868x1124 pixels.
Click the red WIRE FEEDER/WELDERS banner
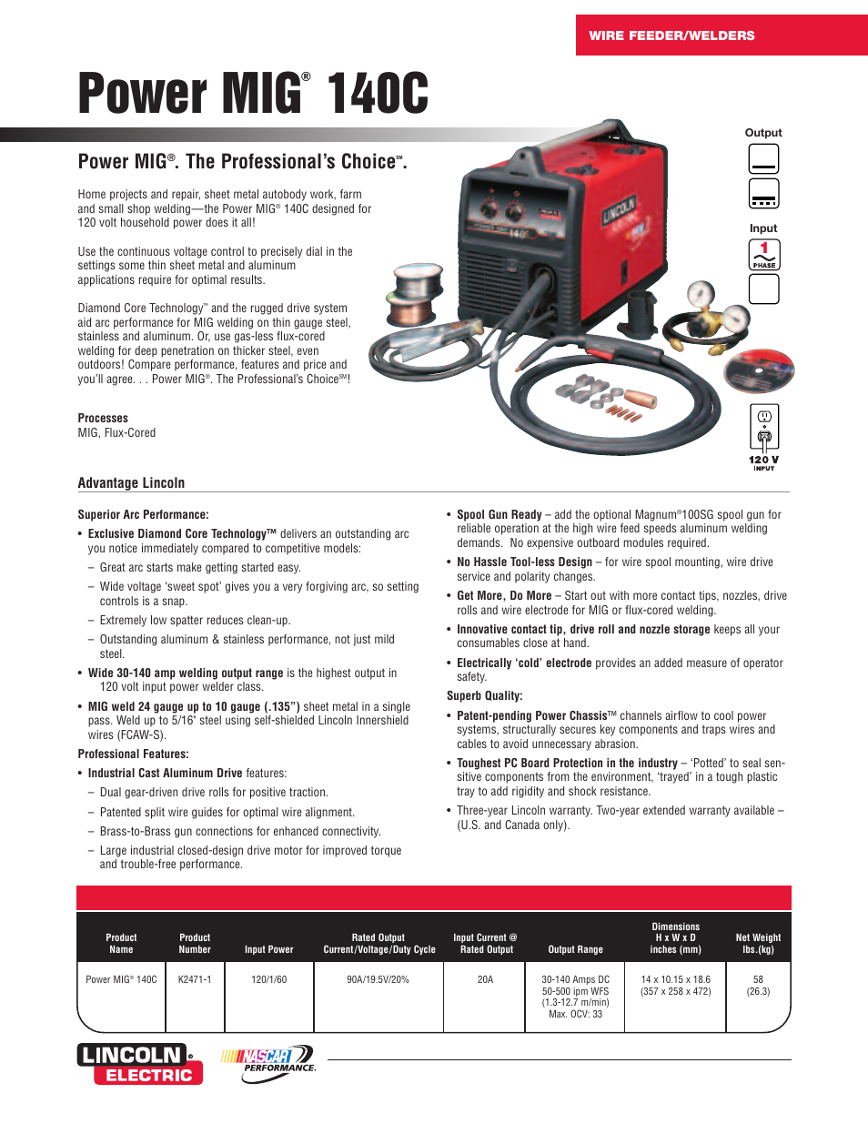point(721,35)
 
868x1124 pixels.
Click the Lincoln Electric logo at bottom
point(140,1064)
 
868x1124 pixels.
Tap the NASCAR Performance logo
point(269,1063)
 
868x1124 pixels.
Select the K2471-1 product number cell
point(195,980)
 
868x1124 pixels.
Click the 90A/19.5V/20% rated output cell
point(378,980)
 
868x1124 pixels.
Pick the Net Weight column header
point(758,943)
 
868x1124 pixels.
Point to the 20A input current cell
point(485,980)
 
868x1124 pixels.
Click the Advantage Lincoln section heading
point(131,483)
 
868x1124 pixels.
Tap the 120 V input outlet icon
point(764,429)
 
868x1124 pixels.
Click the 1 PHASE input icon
point(764,255)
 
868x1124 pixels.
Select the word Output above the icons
point(763,133)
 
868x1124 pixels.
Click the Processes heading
point(103,419)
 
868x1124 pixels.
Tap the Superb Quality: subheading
point(484,696)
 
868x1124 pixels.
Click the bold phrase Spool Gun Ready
point(499,515)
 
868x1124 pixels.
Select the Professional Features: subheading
point(133,754)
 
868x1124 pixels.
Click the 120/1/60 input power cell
point(268,980)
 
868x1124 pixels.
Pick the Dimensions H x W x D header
point(675,937)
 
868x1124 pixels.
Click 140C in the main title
point(378,95)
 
